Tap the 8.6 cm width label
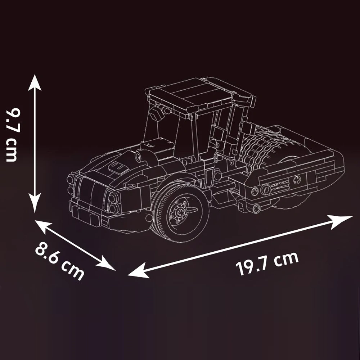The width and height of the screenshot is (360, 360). (x=59, y=260)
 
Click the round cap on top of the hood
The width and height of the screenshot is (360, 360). (x=139, y=156)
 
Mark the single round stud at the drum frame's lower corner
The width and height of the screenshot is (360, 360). (x=256, y=207)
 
